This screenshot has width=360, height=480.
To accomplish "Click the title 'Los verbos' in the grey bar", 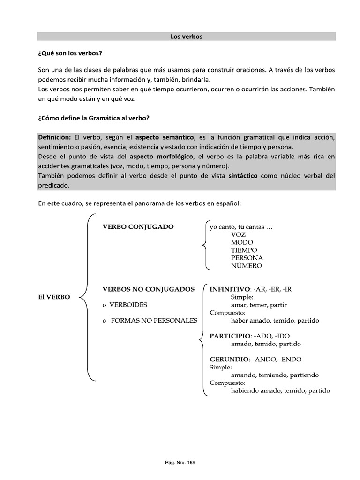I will pyautogui.click(x=186, y=37).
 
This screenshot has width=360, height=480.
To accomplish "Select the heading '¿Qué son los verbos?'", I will pyautogui.click(x=70, y=53).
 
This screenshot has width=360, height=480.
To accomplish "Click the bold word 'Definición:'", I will pyautogui.click(x=54, y=137).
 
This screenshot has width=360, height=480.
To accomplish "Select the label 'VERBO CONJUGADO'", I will pyautogui.click(x=138, y=227).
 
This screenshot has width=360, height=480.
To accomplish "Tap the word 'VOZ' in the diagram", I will pyautogui.click(x=238, y=234).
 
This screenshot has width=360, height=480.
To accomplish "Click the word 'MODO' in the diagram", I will pyautogui.click(x=242, y=242).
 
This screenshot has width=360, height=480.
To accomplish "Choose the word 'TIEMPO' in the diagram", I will pyautogui.click(x=244, y=250).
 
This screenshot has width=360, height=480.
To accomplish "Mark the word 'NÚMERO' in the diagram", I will pyautogui.click(x=247, y=266).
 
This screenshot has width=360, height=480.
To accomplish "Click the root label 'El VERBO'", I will pyautogui.click(x=54, y=297).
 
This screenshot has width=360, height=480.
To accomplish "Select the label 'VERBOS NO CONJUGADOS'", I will pyautogui.click(x=148, y=289).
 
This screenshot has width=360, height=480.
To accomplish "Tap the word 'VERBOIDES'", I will pyautogui.click(x=128, y=305).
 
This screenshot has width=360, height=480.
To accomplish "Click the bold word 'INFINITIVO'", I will pyautogui.click(x=230, y=289).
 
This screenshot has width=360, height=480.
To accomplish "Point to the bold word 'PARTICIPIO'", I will pyautogui.click(x=229, y=336).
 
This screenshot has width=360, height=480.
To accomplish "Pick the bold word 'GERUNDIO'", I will pyautogui.click(x=228, y=360).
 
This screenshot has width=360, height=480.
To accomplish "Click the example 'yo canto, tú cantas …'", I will pyautogui.click(x=241, y=227).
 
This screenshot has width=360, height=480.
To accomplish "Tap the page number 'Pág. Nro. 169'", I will pyautogui.click(x=180, y=449).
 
